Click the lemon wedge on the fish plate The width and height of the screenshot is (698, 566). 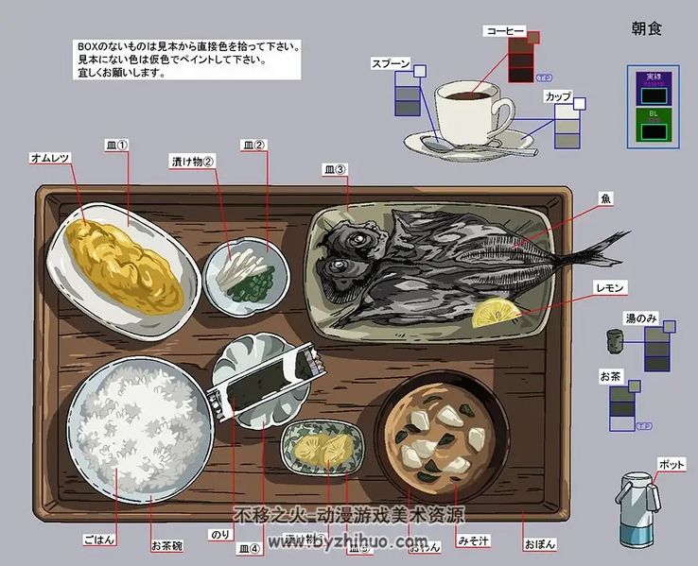(495, 313)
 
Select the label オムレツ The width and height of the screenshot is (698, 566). (51, 158)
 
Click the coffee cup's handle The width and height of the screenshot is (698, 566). (503, 115)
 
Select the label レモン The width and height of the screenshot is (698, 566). (610, 286)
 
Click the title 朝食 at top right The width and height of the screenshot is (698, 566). (646, 28)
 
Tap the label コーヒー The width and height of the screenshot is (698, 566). (505, 31)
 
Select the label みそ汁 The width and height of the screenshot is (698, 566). (472, 541)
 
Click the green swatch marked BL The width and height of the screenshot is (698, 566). (654, 125)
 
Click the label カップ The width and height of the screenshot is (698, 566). (557, 96)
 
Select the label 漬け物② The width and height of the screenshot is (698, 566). (193, 161)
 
